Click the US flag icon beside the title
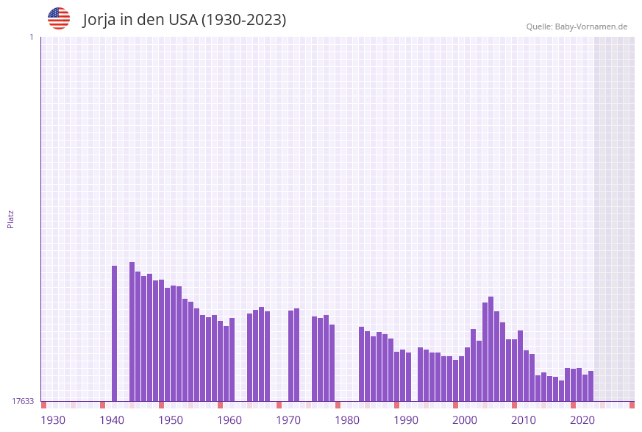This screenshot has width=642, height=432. [59, 18]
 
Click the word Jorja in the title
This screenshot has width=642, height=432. [101, 20]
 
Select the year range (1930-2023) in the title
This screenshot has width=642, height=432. [243, 20]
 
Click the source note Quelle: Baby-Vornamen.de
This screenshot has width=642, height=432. [577, 26]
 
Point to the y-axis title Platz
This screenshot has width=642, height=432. [10, 219]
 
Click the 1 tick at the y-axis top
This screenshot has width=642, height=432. [31, 37]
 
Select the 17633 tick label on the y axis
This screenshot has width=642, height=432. [23, 401]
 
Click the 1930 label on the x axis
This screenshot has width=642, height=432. [53, 420]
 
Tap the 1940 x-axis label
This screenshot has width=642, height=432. [112, 420]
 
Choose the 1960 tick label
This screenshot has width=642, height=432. [229, 420]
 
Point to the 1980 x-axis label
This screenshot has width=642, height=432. [347, 420]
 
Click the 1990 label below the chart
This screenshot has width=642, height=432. [406, 420]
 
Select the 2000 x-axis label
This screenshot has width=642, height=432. [465, 420]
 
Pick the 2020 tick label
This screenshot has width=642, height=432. [582, 420]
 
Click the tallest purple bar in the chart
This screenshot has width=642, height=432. [132, 331]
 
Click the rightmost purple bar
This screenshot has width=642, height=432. [591, 386]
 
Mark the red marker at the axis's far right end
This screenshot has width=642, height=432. [632, 405]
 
